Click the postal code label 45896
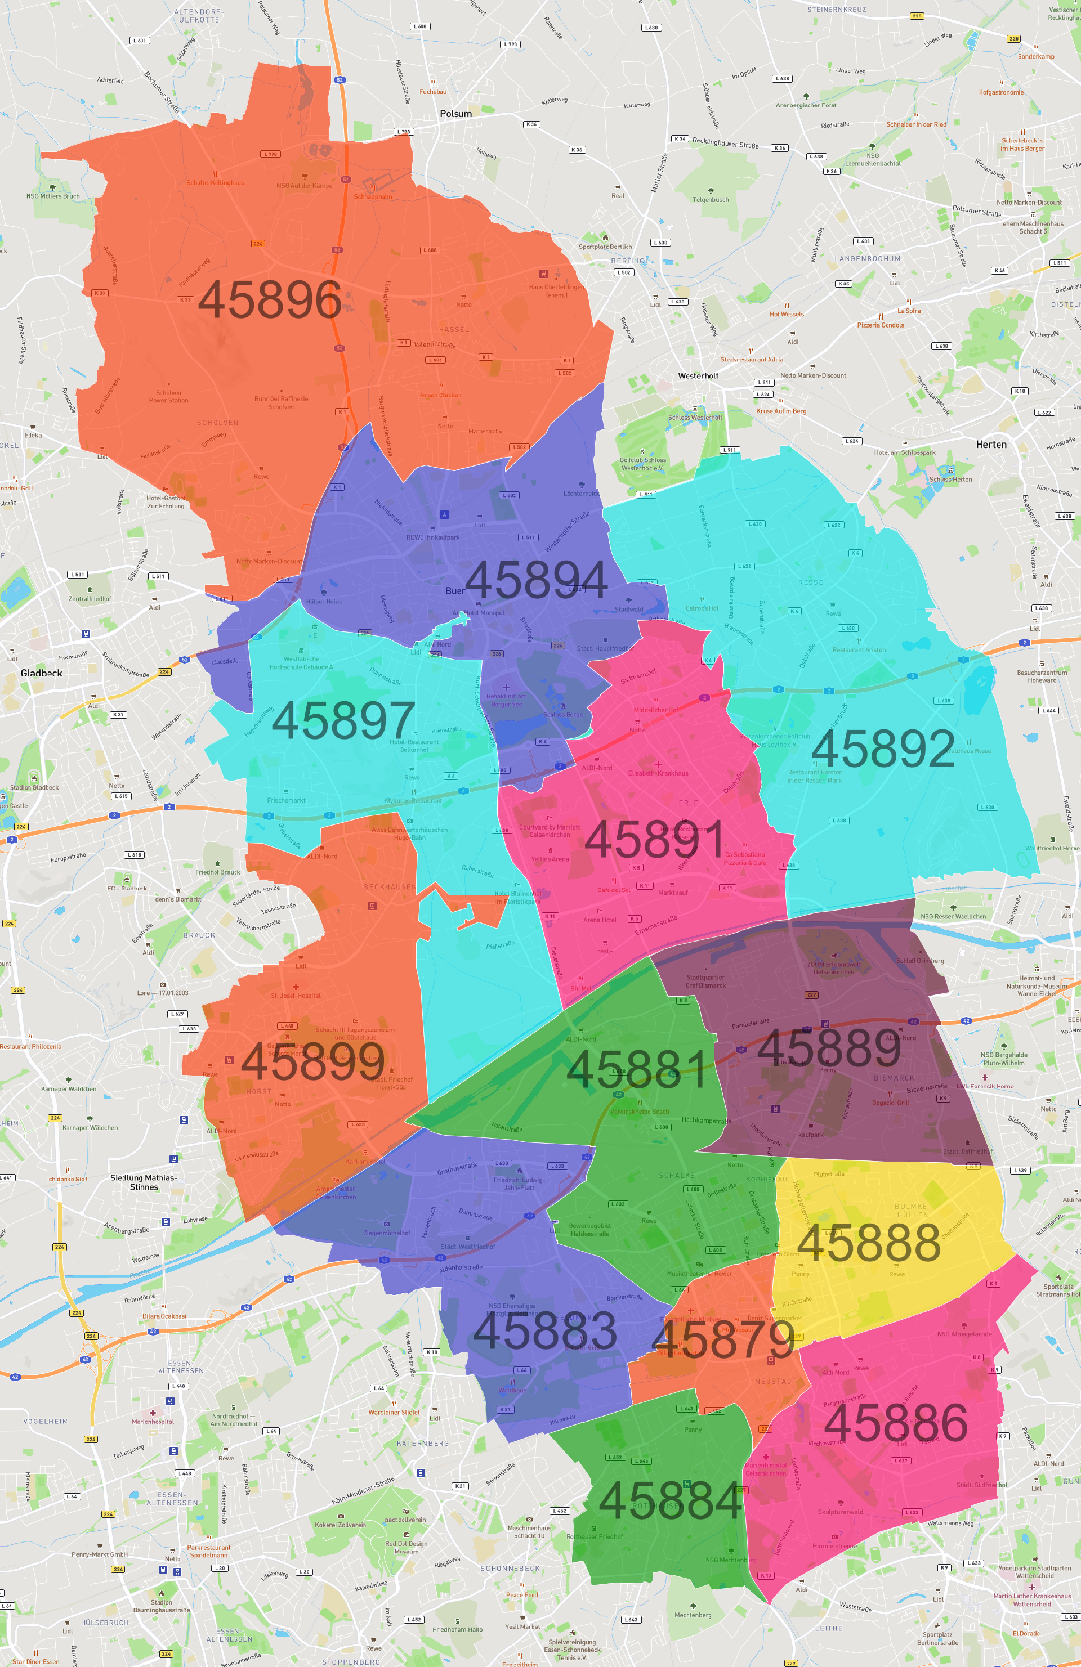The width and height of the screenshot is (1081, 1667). (x=270, y=299)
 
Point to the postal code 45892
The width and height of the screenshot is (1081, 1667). (x=883, y=749)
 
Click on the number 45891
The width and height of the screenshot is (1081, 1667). (x=654, y=839)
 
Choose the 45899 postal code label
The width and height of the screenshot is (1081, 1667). (x=312, y=1062)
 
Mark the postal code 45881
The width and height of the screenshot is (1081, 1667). (x=636, y=1069)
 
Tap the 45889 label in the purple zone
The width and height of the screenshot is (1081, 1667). (x=829, y=1048)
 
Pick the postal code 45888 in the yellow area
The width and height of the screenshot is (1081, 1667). (x=869, y=1243)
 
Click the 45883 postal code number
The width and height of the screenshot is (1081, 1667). (x=545, y=1331)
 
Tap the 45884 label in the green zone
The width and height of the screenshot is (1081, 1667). (x=671, y=1501)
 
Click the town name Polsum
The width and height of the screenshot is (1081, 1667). (x=456, y=114)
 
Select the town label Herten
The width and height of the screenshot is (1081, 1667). (x=990, y=445)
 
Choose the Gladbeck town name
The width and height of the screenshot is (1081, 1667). (x=41, y=673)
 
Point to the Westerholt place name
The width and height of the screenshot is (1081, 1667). (x=698, y=376)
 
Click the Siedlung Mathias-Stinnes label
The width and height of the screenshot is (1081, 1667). (x=144, y=1182)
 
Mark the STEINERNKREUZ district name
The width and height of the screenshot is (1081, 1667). (x=837, y=10)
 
